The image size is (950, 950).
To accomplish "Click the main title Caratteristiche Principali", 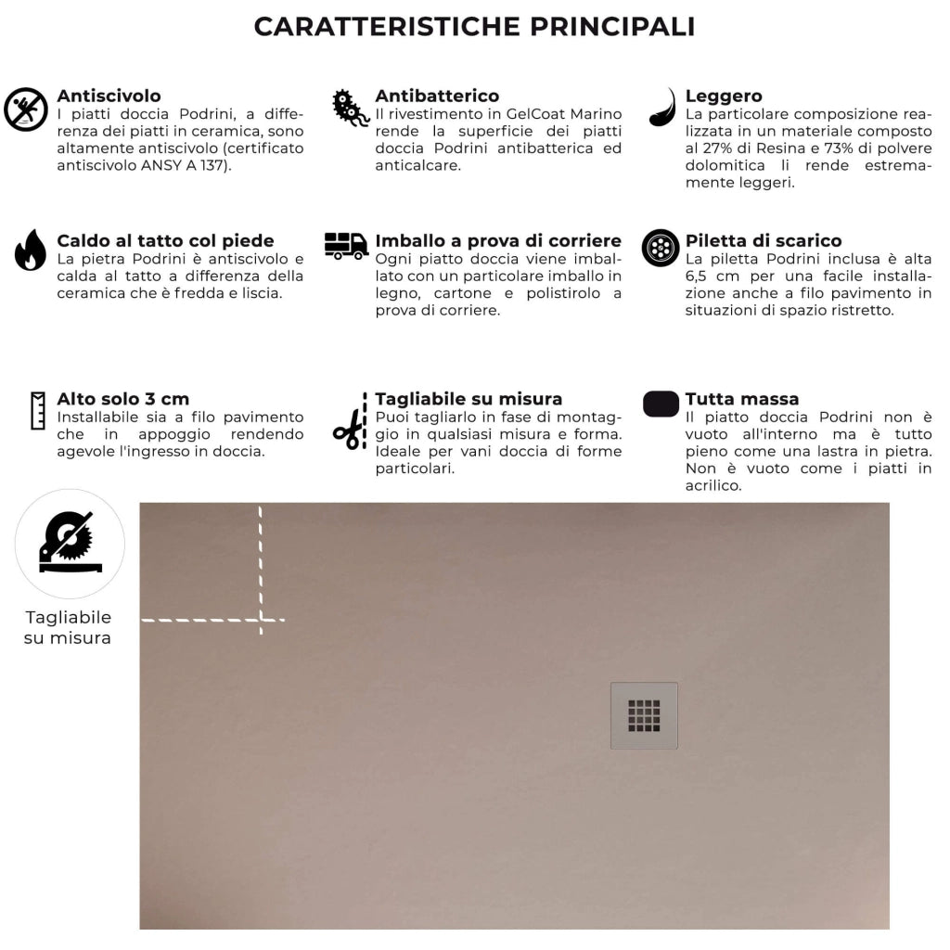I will tap(474, 27).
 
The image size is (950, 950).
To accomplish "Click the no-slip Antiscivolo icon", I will tap(26, 109).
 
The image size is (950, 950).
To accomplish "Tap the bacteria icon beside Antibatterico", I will tap(351, 109).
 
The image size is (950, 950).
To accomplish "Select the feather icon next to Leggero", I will tap(662, 108).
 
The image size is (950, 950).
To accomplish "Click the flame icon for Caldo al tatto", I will tap(30, 250).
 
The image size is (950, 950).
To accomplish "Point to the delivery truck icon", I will tap(346, 246).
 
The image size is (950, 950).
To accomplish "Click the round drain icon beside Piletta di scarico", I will tap(661, 248).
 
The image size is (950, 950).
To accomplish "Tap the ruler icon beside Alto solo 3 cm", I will tap(38, 410).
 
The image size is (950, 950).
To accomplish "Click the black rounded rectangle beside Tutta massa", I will tap(661, 404).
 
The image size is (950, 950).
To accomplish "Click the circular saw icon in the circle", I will tap(70, 544).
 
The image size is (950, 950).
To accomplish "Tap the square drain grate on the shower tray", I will tap(644, 715).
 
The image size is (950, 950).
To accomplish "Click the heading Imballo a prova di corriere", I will tap(497, 241).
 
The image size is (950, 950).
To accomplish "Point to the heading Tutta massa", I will tap(741, 400).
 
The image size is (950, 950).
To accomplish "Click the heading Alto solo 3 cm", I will tap(122, 400).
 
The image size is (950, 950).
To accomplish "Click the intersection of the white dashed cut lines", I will tap(261, 619).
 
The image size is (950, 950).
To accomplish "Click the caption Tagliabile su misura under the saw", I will tap(68, 628).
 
